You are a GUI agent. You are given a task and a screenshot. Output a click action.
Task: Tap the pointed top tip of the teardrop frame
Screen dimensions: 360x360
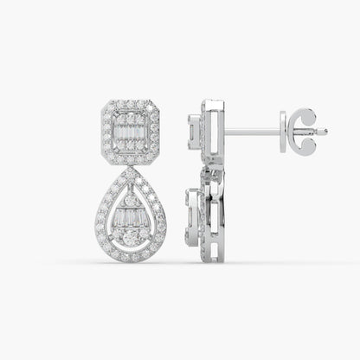click(x=131, y=170)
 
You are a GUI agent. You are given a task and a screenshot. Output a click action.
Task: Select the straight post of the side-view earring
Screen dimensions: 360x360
click(x=251, y=132)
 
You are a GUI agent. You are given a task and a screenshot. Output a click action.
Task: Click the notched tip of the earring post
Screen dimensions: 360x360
click(x=325, y=132)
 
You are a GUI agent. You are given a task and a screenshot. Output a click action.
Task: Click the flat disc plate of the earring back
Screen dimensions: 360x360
click(x=283, y=132)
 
